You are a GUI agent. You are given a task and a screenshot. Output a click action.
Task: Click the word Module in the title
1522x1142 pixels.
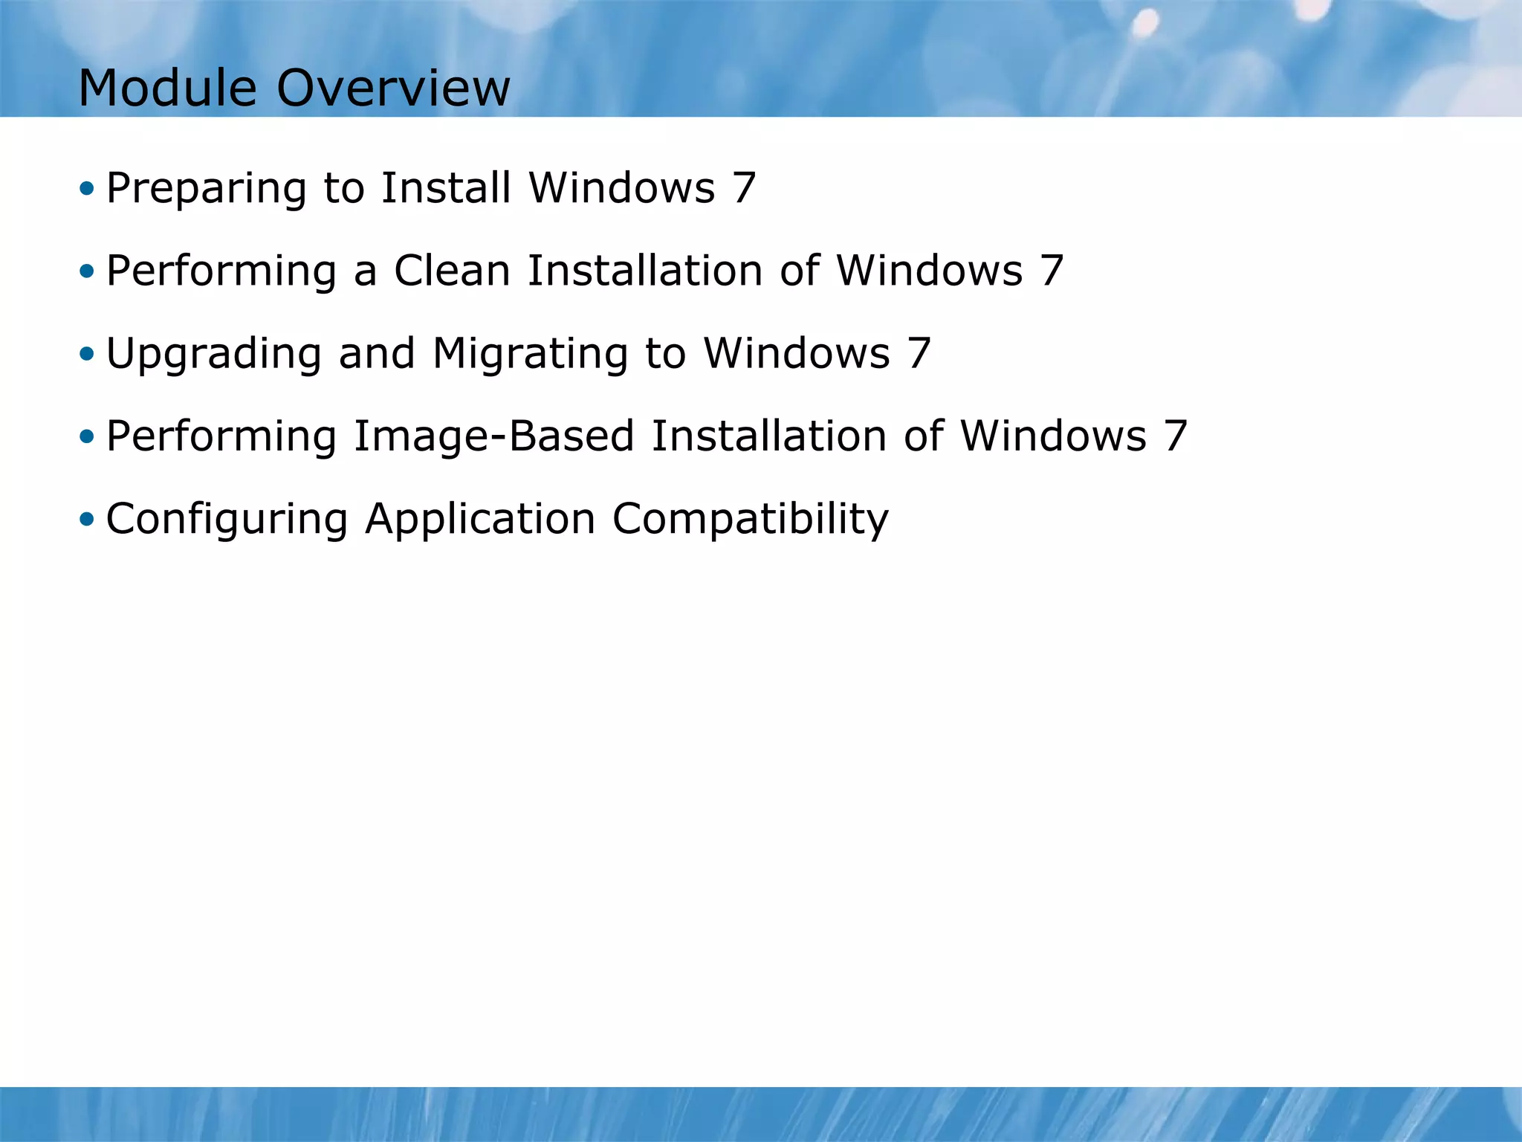pyautogui.click(x=168, y=88)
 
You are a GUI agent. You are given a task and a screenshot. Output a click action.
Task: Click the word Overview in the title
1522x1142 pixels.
pyautogui.click(x=393, y=88)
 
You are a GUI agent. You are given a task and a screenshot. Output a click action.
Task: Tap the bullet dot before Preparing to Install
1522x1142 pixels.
pyautogui.click(x=87, y=188)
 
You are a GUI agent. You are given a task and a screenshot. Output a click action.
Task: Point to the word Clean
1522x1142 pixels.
pyautogui.click(x=452, y=270)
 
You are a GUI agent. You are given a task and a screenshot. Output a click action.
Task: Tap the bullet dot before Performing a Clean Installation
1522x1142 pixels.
pyautogui.click(x=87, y=271)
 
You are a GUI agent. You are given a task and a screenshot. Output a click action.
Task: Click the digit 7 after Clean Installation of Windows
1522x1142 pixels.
pyautogui.click(x=1052, y=270)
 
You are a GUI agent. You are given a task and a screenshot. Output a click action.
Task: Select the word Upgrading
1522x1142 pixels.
pyautogui.click(x=213, y=354)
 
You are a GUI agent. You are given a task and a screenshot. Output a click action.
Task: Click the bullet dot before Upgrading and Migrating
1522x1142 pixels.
pyautogui.click(x=87, y=353)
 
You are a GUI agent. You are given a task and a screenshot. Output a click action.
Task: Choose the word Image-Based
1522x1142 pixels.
pyautogui.click(x=493, y=436)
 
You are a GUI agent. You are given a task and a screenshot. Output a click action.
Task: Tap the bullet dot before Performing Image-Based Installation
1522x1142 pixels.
pyautogui.click(x=87, y=436)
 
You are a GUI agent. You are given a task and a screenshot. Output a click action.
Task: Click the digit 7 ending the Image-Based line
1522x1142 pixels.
pyautogui.click(x=1175, y=436)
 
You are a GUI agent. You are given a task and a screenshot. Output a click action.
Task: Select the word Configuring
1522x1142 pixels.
pyautogui.click(x=227, y=520)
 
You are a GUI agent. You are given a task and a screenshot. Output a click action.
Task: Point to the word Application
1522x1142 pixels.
pyautogui.click(x=480, y=520)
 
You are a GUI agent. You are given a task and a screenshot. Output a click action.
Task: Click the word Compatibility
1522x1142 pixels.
pyautogui.click(x=750, y=520)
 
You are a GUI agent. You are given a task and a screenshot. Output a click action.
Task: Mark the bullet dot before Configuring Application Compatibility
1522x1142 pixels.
pyautogui.click(x=87, y=519)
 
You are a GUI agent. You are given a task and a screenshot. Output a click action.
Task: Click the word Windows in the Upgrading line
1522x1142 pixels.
pyautogui.click(x=797, y=353)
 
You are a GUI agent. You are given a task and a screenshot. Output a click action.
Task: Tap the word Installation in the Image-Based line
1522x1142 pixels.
pyautogui.click(x=768, y=436)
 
